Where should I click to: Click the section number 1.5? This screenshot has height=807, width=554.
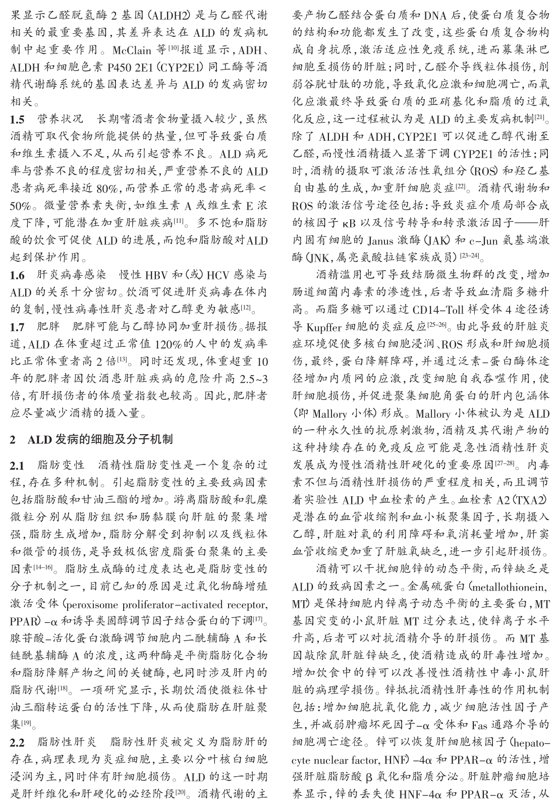point(17,121)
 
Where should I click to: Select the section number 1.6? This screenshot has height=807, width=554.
point(17,275)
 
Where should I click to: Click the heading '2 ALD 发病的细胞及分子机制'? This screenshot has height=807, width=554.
point(91,439)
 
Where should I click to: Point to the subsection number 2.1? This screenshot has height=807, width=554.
point(17,465)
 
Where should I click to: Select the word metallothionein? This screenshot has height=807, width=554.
point(511,587)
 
